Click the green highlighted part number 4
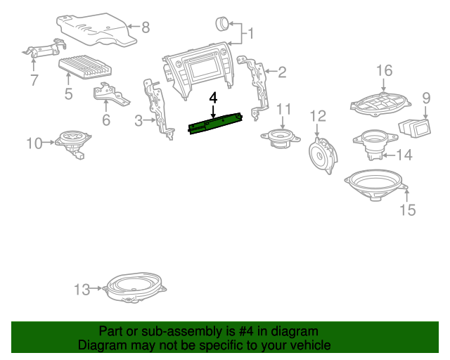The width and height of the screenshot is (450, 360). (x=215, y=123)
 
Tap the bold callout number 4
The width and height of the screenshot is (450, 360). (x=213, y=98)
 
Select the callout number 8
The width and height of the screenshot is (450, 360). (x=146, y=27)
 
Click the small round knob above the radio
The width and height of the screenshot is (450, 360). (x=222, y=23)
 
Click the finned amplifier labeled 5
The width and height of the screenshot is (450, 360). (x=85, y=67)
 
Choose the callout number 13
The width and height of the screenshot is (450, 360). (x=82, y=290)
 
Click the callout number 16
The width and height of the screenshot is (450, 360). (x=385, y=70)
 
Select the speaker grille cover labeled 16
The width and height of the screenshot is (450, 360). (x=380, y=103)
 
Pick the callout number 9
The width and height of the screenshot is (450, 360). (x=426, y=98)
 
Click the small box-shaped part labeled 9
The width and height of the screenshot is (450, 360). (x=414, y=127)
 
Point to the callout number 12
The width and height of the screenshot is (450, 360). (x=318, y=116)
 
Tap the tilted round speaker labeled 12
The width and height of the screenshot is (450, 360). (x=323, y=155)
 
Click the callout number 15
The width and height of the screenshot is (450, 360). (x=408, y=210)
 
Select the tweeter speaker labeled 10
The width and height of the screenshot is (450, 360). (x=73, y=144)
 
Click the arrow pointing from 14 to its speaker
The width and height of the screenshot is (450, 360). (x=389, y=155)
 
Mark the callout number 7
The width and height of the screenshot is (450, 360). (x=34, y=80)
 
